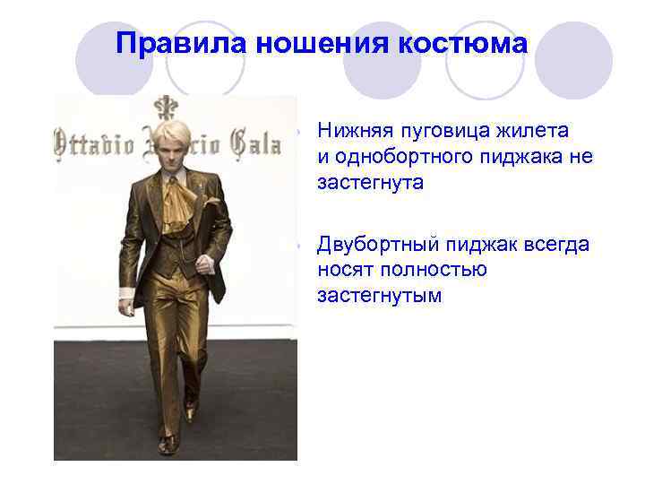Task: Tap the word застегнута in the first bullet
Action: (x=369, y=183)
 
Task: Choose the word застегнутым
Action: (x=379, y=295)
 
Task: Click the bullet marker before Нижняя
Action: (x=304, y=132)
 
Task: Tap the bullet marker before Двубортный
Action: (x=304, y=245)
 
